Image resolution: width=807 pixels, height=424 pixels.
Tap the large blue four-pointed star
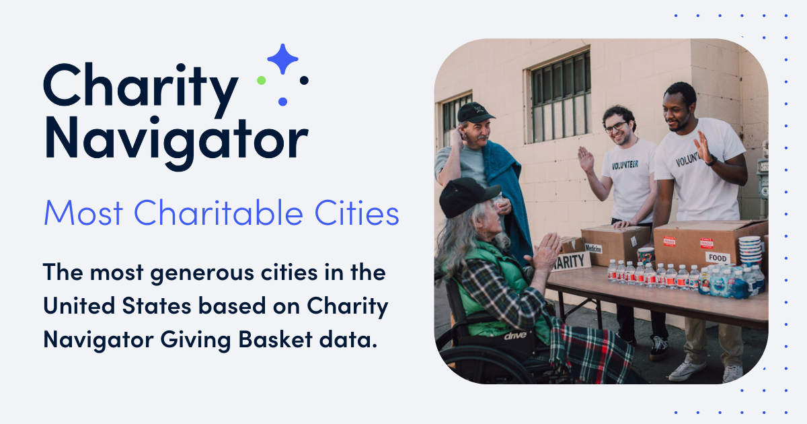282,59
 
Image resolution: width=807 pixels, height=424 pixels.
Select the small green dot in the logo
262,80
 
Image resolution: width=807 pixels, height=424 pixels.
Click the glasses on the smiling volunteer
615,126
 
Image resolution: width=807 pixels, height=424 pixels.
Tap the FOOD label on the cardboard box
718,258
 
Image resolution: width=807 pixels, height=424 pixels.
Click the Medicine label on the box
593,248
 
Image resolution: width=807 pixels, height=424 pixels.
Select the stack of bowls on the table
750,250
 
